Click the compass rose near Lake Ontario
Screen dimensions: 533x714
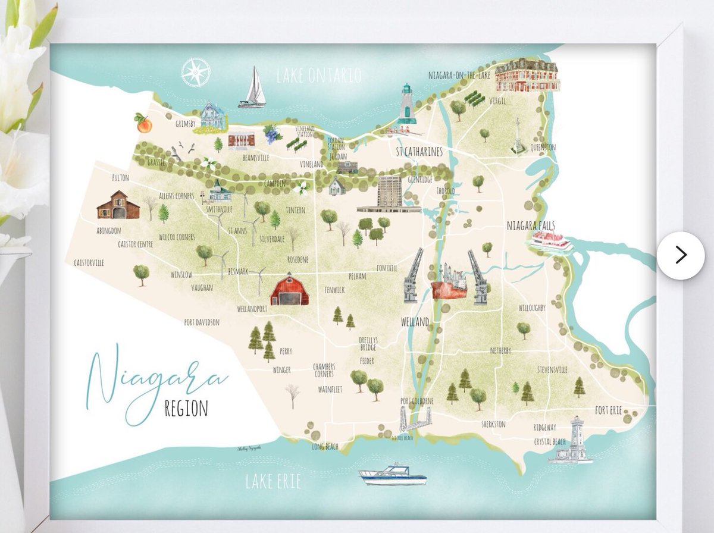tap(196, 72)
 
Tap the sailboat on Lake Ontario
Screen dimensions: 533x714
tap(253, 89)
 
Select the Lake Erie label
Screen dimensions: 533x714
tap(273, 481)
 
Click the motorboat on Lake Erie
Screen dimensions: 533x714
tap(392, 474)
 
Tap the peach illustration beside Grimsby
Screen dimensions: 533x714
tap(143, 123)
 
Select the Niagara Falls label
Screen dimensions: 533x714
tap(531, 225)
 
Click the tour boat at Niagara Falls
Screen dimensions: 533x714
tap(551, 242)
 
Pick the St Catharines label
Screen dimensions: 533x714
tap(419, 152)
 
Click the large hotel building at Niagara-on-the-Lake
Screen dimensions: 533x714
tap(527, 75)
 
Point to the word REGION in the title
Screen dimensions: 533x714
tap(186, 409)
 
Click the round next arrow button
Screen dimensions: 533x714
tap(681, 255)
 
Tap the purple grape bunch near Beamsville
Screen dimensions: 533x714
tap(272, 134)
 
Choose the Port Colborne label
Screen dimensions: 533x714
tap(417, 400)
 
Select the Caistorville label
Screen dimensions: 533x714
tap(89, 262)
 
